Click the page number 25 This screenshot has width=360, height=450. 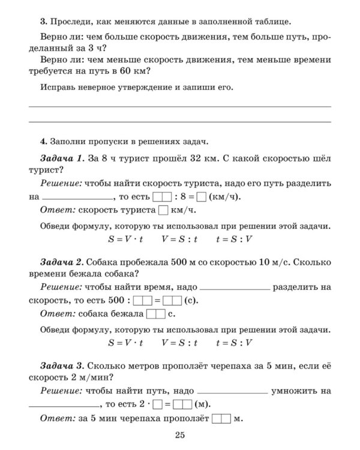[180, 435]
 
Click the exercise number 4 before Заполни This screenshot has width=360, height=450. [43, 142]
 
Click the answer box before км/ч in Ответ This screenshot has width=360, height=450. [163, 211]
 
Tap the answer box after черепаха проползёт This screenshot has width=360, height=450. [221, 418]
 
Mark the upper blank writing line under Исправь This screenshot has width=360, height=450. [180, 106]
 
